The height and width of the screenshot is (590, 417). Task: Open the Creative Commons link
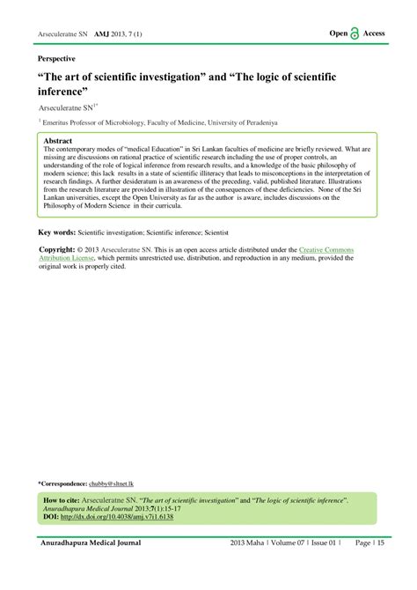[327, 250]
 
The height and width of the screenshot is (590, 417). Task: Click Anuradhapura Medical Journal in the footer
[89, 543]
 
